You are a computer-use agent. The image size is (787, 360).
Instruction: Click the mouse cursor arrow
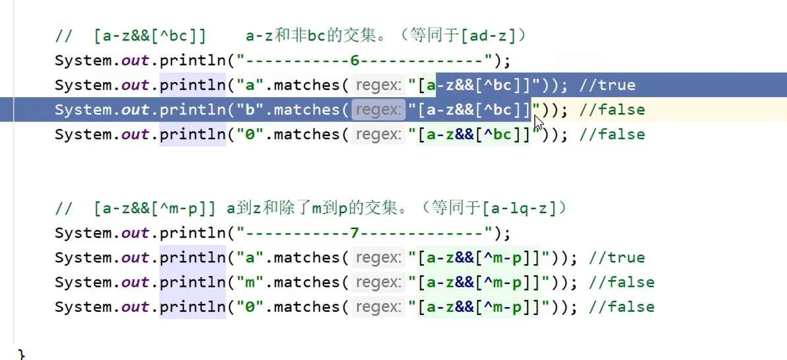point(538,123)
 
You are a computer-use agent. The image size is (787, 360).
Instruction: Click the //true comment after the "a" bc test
point(607,85)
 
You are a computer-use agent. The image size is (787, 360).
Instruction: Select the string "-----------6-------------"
point(365,61)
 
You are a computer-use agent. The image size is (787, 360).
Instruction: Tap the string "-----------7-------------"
point(365,233)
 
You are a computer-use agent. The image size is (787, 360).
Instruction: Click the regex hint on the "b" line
point(378,110)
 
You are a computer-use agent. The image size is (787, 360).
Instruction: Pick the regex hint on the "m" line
point(378,283)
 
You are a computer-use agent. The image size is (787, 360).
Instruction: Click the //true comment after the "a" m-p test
point(617,258)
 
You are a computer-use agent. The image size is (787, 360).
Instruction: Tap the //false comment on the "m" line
point(621,283)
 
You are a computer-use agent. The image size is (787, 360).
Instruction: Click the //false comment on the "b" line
point(611,110)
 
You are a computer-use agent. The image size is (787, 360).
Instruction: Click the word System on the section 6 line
point(85,61)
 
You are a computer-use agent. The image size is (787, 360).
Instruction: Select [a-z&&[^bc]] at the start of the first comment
point(150,36)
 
